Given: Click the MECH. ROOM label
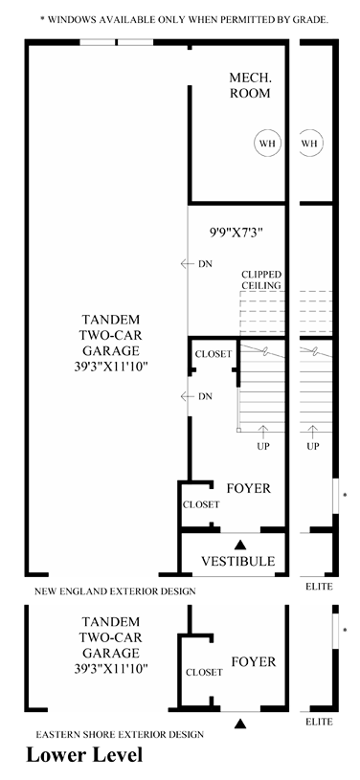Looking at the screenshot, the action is point(250,85).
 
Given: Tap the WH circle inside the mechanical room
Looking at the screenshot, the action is point(268,144).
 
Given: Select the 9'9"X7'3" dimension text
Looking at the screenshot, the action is point(236,232).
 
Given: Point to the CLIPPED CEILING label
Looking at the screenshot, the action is point(261,280).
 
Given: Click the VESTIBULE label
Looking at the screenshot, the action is point(238,561).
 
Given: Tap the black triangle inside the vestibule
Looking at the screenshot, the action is point(240,545).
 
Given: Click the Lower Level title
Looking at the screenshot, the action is point(84,754).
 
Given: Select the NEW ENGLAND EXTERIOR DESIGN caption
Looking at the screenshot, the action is point(115,591).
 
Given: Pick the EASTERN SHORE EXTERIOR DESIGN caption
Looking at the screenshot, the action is point(120,734).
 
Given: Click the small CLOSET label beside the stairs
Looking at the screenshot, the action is point(214,354).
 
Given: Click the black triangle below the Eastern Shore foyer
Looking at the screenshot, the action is point(240,724).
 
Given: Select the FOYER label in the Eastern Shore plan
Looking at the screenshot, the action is point(253,661).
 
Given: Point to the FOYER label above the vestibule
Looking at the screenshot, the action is point(249,488).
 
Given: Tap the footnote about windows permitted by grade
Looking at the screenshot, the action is point(184,20).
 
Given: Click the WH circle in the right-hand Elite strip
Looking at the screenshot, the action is point(310,144).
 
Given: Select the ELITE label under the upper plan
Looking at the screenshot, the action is point(319,587).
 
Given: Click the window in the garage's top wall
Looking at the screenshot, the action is point(117,42).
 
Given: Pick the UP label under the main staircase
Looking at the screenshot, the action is point(263,446).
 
